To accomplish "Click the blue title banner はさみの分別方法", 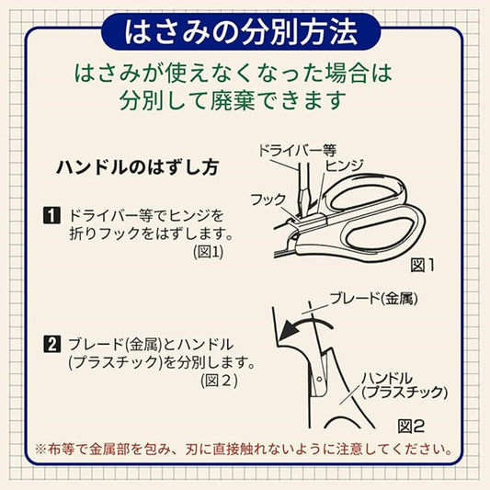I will [x=245, y=33].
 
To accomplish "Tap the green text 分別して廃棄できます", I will [x=245, y=99].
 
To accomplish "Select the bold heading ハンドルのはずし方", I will [x=137, y=168].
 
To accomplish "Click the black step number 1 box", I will [x=52, y=216].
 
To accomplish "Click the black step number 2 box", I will [x=52, y=345].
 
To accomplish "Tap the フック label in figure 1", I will [x=268, y=199].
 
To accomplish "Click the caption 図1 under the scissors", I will [x=422, y=265].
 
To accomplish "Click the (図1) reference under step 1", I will [x=208, y=250].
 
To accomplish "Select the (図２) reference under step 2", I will [x=220, y=379].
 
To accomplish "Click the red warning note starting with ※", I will [x=245, y=450].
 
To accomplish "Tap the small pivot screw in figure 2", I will [x=318, y=378].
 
